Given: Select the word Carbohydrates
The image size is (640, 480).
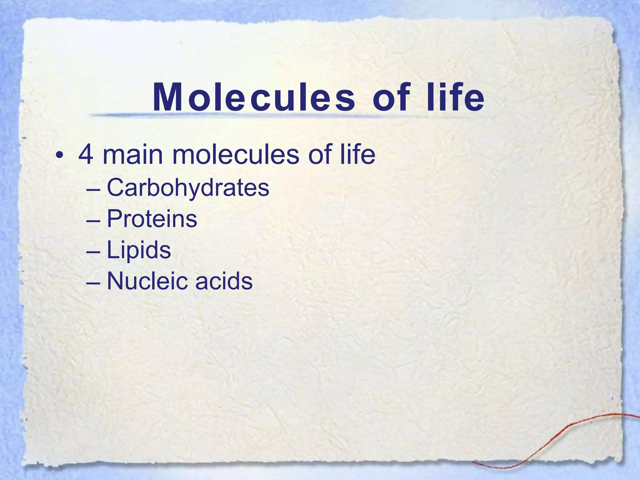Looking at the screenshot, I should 188,188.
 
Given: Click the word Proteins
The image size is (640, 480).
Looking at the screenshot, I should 152,219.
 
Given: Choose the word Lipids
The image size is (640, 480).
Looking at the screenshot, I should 139,250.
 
